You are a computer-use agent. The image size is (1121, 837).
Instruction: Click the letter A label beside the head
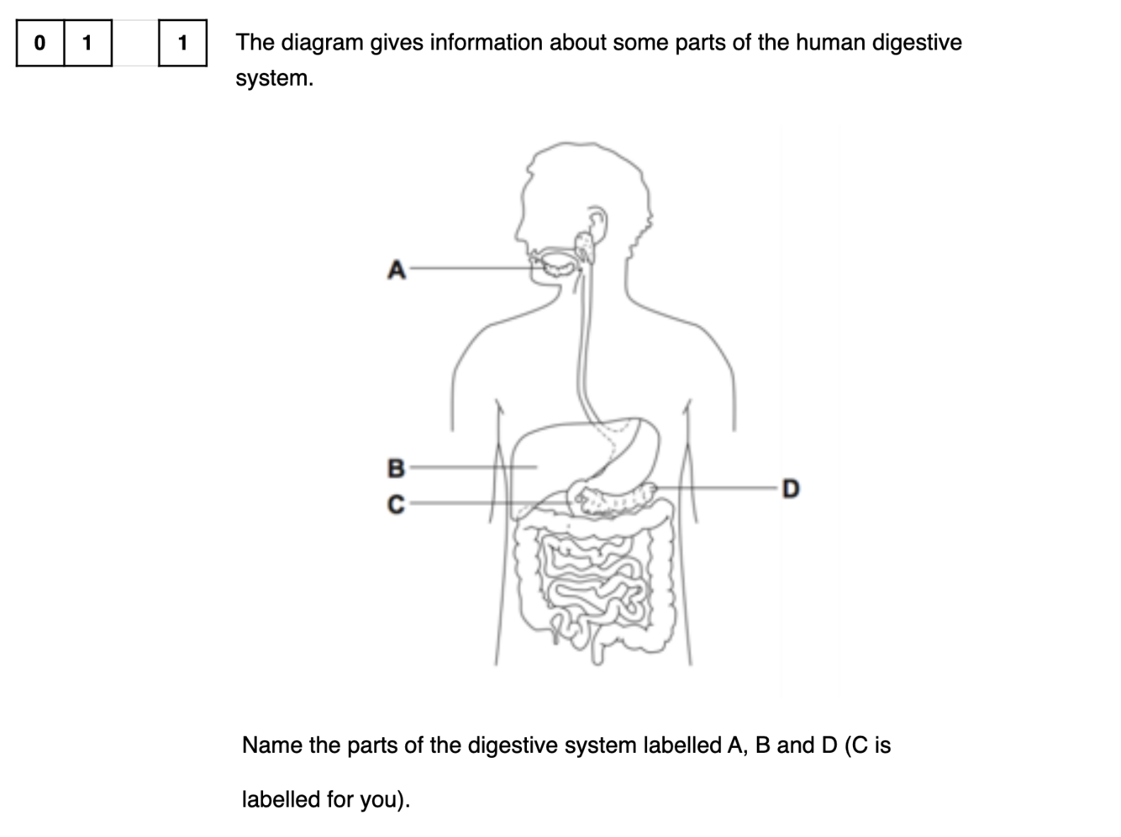pyautogui.click(x=397, y=270)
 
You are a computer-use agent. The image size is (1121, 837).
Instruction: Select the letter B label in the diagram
pyautogui.click(x=396, y=467)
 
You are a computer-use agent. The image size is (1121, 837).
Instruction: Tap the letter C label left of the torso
pyautogui.click(x=396, y=504)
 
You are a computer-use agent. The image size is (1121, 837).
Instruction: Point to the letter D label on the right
pyautogui.click(x=790, y=488)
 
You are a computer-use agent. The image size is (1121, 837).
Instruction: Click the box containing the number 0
pyautogui.click(x=39, y=42)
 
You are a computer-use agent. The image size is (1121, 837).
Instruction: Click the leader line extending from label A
pyautogui.click(x=471, y=269)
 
